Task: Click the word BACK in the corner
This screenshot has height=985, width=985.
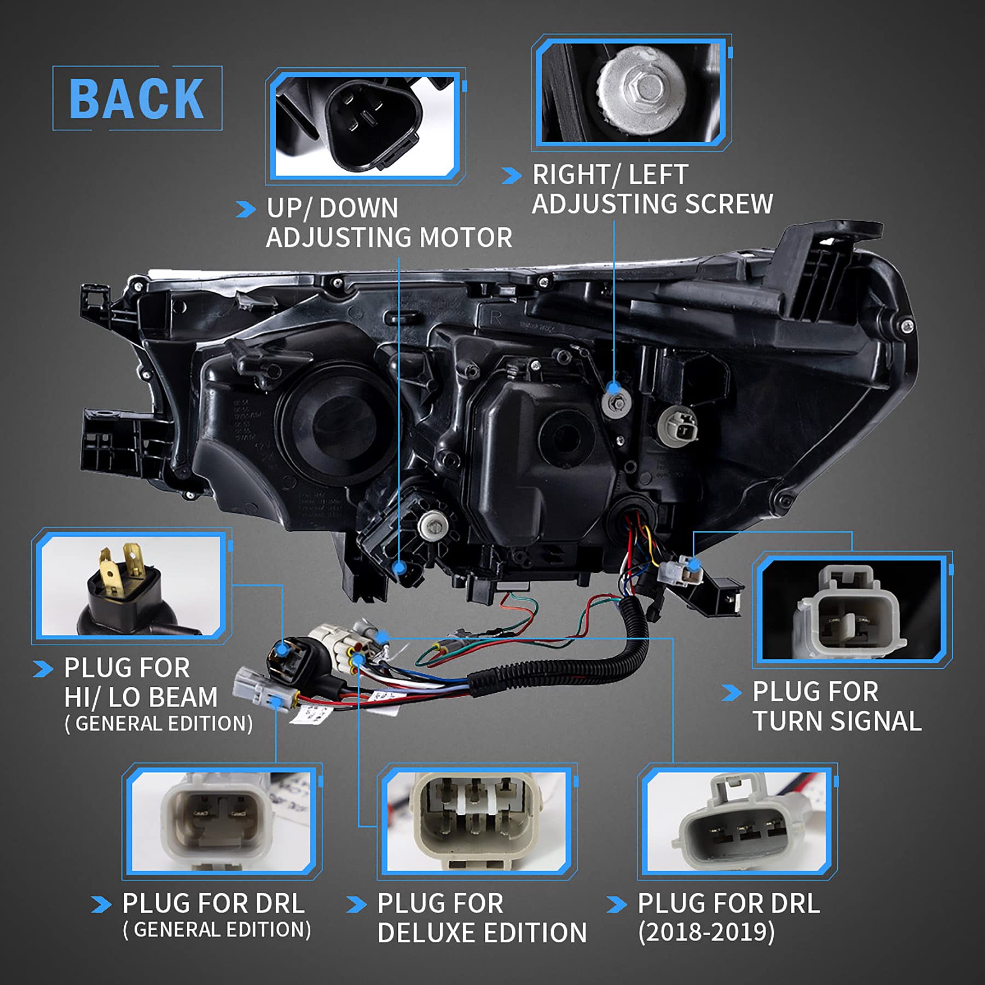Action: [x=137, y=99]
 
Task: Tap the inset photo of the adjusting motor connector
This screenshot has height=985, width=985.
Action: [x=366, y=126]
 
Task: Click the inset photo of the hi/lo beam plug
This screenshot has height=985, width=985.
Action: [x=131, y=586]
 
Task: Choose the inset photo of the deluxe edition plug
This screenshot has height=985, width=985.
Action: [x=477, y=821]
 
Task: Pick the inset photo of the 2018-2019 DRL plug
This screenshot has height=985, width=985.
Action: [x=737, y=821]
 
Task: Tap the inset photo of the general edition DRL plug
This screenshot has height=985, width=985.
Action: [x=221, y=821]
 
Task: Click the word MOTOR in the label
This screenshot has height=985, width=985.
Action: [x=466, y=238]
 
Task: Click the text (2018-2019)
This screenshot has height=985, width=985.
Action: [x=706, y=932]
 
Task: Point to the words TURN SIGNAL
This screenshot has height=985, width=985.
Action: [x=837, y=721]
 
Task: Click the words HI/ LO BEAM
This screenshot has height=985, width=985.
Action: [x=141, y=697]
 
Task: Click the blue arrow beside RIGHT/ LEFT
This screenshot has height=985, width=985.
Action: [x=511, y=176]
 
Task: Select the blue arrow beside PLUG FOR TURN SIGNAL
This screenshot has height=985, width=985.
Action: [x=732, y=693]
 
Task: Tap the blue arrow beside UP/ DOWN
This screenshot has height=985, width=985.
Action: [x=246, y=209]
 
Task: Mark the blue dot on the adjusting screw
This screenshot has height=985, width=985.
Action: [x=614, y=388]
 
